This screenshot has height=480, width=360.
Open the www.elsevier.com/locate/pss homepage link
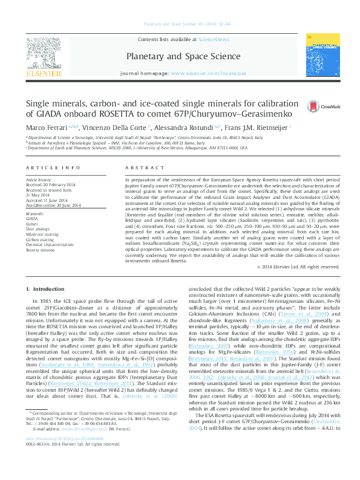pos(209,73)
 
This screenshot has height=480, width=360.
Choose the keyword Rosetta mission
pos(39,248)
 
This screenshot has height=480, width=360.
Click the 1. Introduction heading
pos(48,289)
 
